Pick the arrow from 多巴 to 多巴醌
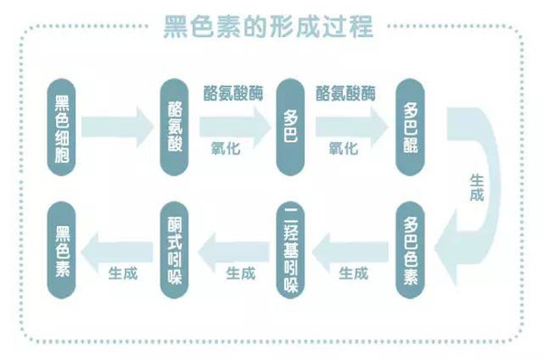coord(350,123)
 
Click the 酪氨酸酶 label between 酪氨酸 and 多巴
coord(232,93)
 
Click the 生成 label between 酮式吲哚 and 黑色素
coord(122,272)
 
